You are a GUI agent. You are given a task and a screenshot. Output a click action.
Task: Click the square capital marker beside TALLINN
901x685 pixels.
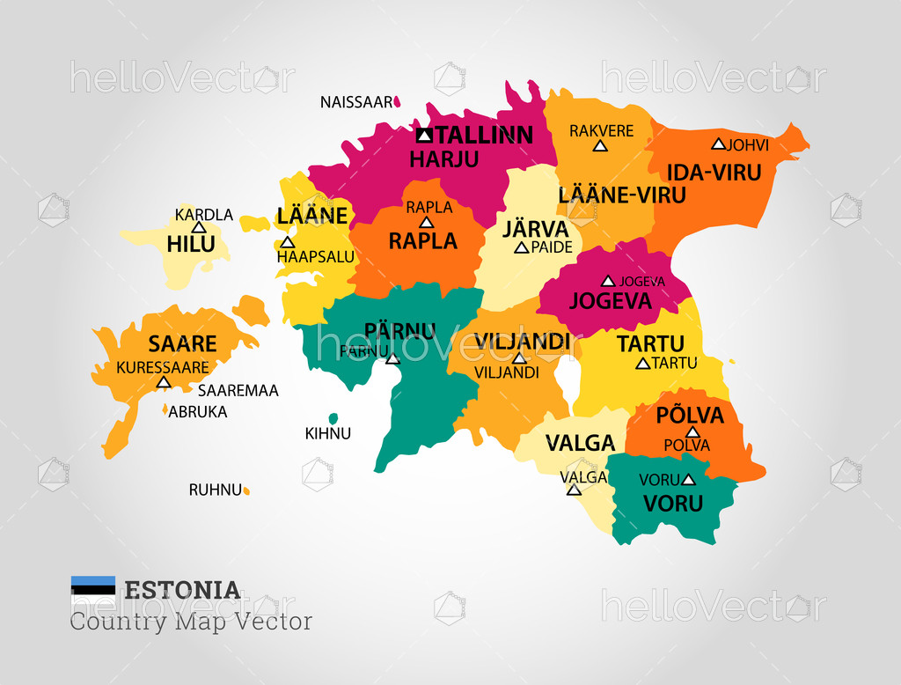tap(424, 135)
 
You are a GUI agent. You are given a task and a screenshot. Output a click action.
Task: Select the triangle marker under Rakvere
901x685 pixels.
tap(601, 146)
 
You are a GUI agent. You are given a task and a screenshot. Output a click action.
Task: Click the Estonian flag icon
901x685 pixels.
tap(93, 588)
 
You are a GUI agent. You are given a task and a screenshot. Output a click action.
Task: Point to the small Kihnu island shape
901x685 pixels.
tap(333, 419)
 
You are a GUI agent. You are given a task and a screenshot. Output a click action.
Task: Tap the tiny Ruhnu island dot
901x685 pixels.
tap(246, 490)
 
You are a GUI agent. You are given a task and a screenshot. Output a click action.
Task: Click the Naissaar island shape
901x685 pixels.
tap(398, 102)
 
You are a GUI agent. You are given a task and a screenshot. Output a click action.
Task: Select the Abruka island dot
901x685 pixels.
tap(165, 409)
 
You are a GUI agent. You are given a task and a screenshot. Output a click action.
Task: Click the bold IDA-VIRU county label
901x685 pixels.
tap(714, 173)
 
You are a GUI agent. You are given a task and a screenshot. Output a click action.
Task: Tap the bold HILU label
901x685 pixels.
tap(191, 244)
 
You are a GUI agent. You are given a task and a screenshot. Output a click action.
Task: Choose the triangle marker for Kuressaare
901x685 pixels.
tap(163, 382)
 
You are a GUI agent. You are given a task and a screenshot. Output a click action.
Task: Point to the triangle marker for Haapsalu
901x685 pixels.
tap(287, 242)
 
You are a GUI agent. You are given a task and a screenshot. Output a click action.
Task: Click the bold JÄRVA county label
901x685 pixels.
tap(536, 229)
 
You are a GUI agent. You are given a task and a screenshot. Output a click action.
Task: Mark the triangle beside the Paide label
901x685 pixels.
tap(521, 248)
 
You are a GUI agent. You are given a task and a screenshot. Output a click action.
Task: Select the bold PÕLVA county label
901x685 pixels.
tap(690, 415)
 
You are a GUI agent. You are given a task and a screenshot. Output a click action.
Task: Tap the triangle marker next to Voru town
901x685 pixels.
tap(688, 480)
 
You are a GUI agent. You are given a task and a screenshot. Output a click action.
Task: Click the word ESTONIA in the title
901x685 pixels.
tap(182, 590)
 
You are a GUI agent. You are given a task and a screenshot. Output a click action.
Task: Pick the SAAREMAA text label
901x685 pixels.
tap(238, 390)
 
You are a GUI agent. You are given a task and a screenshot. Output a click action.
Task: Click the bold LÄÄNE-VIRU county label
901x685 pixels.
tap(621, 195)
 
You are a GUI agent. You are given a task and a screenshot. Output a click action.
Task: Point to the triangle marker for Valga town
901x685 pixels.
tap(574, 490)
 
